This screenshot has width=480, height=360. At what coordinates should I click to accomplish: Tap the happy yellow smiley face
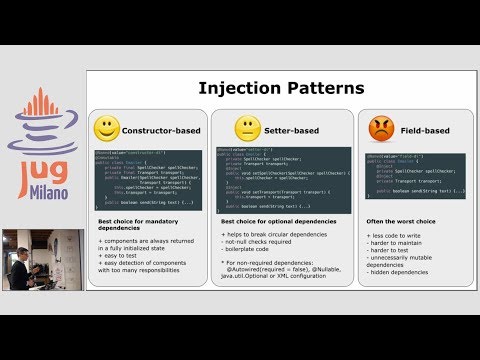(108, 129)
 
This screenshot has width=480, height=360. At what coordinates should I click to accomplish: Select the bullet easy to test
(127, 255)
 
